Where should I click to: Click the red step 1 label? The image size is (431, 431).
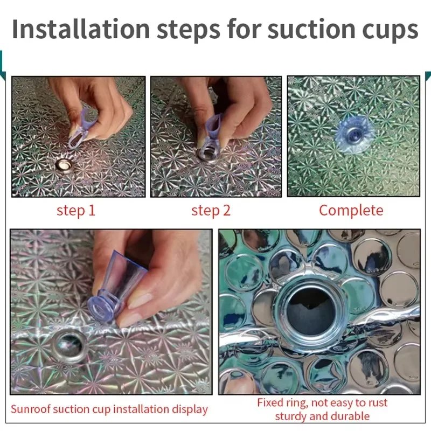tap(76, 211)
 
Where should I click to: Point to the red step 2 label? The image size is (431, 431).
tap(211, 211)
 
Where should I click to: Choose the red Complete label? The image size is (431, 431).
tap(351, 211)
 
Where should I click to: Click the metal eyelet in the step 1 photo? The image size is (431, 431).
tap(65, 165)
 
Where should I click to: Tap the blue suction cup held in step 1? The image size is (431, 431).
tap(80, 128)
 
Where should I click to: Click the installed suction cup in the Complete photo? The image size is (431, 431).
tap(354, 134)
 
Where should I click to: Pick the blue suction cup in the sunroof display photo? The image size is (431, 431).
tap(115, 287)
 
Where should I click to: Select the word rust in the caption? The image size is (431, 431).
tap(376, 403)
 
